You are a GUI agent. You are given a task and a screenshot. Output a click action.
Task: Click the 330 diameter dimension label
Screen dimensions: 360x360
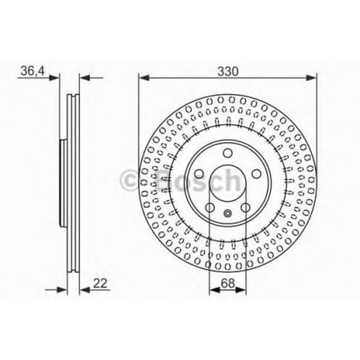pos(228,71)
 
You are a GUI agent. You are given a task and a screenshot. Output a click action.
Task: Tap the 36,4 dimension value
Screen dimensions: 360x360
pos(32,71)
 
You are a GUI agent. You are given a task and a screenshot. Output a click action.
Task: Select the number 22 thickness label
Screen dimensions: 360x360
pos(100,283)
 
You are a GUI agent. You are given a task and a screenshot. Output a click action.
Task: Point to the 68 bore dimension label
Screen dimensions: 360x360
pos(228,283)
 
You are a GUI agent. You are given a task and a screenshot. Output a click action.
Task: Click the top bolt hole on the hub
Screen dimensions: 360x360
pos(228,153)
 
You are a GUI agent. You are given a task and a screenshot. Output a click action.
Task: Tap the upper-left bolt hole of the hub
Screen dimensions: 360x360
pos(199,174)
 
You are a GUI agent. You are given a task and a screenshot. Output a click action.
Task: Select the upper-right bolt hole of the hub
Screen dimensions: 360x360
pos(256,174)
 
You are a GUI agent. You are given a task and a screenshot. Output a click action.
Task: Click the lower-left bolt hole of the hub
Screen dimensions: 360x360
pos(210,208)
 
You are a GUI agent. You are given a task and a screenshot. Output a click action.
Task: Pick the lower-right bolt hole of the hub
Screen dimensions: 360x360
pos(245,208)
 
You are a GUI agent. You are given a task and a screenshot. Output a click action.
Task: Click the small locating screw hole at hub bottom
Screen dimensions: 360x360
pos(228,213)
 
